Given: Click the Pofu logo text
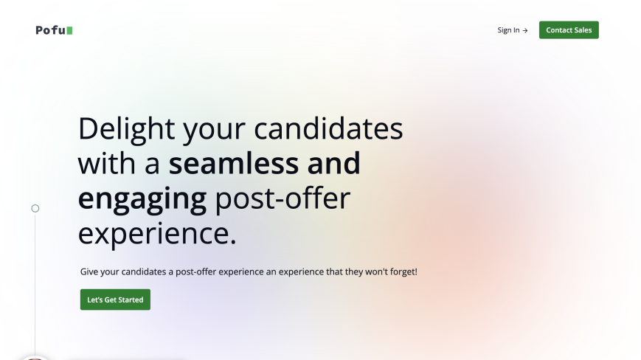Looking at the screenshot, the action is coord(51,30).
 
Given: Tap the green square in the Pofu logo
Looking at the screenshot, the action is coord(70,31).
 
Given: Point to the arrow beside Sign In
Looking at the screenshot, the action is coord(525,31).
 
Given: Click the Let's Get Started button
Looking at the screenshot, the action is coord(115,300).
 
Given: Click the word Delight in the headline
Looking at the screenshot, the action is coord(126,129).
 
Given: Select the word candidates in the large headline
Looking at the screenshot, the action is coord(328,128).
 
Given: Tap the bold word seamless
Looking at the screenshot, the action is coord(234,164).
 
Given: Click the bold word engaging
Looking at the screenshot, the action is coord(142,199).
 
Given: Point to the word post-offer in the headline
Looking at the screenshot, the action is coord(283,198).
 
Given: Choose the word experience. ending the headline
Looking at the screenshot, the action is coord(157,234).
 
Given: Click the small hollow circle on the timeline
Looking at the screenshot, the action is coord(35,208).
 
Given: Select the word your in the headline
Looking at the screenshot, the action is coord(214,130).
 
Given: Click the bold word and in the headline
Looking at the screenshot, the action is coord(333,164).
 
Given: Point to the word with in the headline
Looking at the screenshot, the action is coord(107,164).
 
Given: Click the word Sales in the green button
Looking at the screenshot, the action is coord(582,30).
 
